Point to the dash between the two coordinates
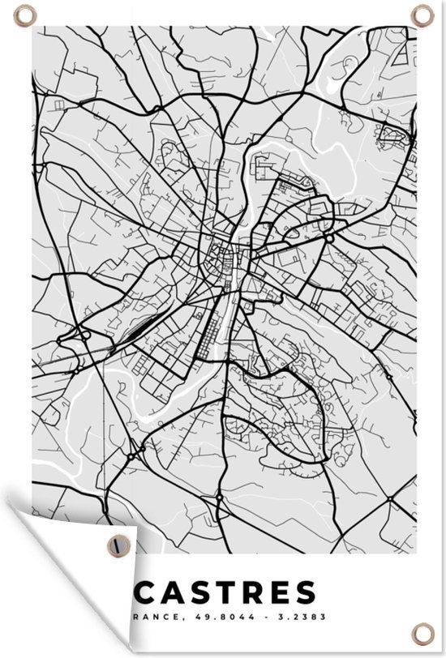240,619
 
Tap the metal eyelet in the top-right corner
423,15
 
